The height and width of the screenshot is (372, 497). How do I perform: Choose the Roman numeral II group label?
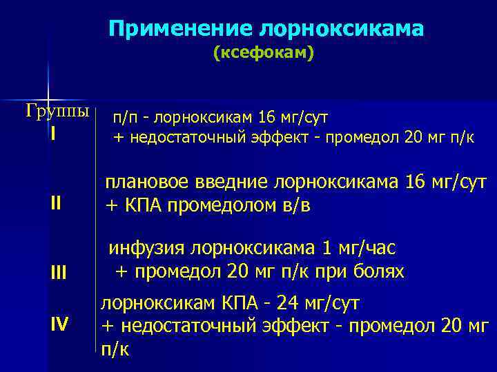pyautogui.click(x=55, y=203)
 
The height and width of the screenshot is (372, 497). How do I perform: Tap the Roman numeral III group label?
pyautogui.click(x=58, y=273)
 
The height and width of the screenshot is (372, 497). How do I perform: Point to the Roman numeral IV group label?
pyautogui.click(x=59, y=322)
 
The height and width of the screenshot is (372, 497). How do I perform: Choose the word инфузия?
pyautogui.click(x=148, y=248)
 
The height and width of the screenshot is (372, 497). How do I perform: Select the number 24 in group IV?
pyautogui.click(x=279, y=303)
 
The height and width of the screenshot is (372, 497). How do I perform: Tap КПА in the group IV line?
pyautogui.click(x=231, y=303)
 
